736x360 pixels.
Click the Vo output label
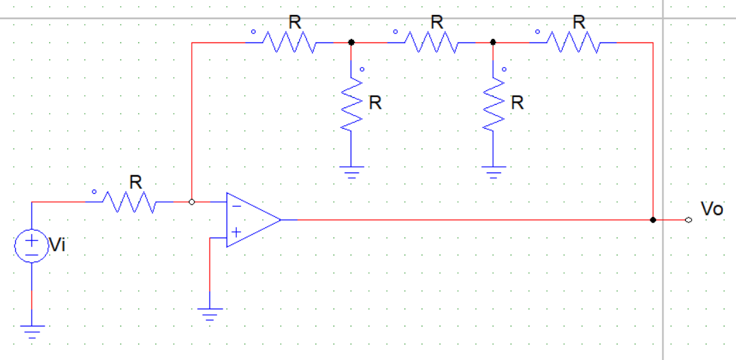point(711,209)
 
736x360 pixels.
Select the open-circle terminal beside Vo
point(688,220)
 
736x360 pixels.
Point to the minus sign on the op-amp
point(236,205)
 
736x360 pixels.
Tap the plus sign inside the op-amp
point(236,233)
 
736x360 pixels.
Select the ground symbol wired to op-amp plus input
point(210,315)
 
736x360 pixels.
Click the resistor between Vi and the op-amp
point(130,202)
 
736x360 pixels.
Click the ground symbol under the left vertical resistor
point(352,170)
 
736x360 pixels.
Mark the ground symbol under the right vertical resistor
point(493,170)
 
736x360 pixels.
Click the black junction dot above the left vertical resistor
point(352,42)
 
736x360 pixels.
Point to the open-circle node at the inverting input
point(192,202)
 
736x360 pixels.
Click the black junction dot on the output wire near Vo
point(653,220)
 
